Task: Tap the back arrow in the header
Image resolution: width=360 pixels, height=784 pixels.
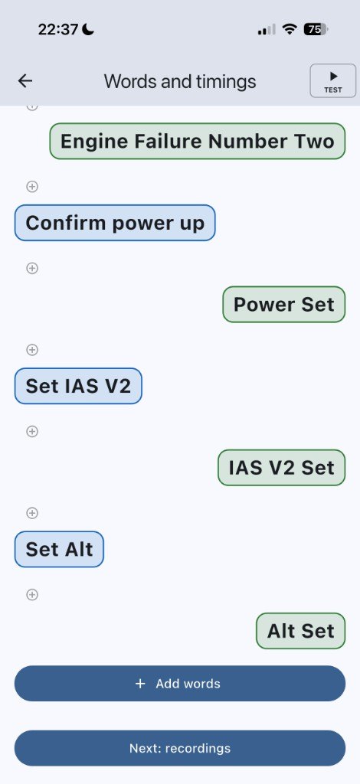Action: point(25,81)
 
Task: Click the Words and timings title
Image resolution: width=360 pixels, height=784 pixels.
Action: point(180,81)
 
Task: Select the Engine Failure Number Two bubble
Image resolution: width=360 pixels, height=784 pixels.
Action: point(198,141)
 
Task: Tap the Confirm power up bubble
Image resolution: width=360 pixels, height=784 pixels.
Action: point(115,223)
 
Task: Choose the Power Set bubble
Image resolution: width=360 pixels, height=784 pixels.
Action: point(284,305)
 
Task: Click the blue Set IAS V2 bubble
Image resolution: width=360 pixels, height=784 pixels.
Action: point(78,386)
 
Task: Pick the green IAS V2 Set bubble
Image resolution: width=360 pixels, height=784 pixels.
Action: point(282,468)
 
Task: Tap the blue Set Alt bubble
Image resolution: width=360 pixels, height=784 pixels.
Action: point(59,549)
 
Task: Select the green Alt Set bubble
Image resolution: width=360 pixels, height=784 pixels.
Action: point(300,631)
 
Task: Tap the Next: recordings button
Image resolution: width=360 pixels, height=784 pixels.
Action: point(180,748)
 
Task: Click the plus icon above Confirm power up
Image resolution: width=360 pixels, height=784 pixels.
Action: point(32,187)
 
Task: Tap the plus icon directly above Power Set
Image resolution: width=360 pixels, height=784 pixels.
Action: point(32,268)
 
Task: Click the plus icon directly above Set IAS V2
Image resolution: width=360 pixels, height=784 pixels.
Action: point(32,349)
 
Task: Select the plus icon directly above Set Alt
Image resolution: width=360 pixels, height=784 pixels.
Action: point(32,513)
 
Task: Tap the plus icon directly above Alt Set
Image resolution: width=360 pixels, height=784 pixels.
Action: point(32,594)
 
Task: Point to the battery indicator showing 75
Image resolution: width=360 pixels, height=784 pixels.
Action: point(316,30)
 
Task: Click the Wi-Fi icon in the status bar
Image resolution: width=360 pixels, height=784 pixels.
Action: point(290,30)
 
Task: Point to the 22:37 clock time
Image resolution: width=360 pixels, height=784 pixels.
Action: point(58,30)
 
